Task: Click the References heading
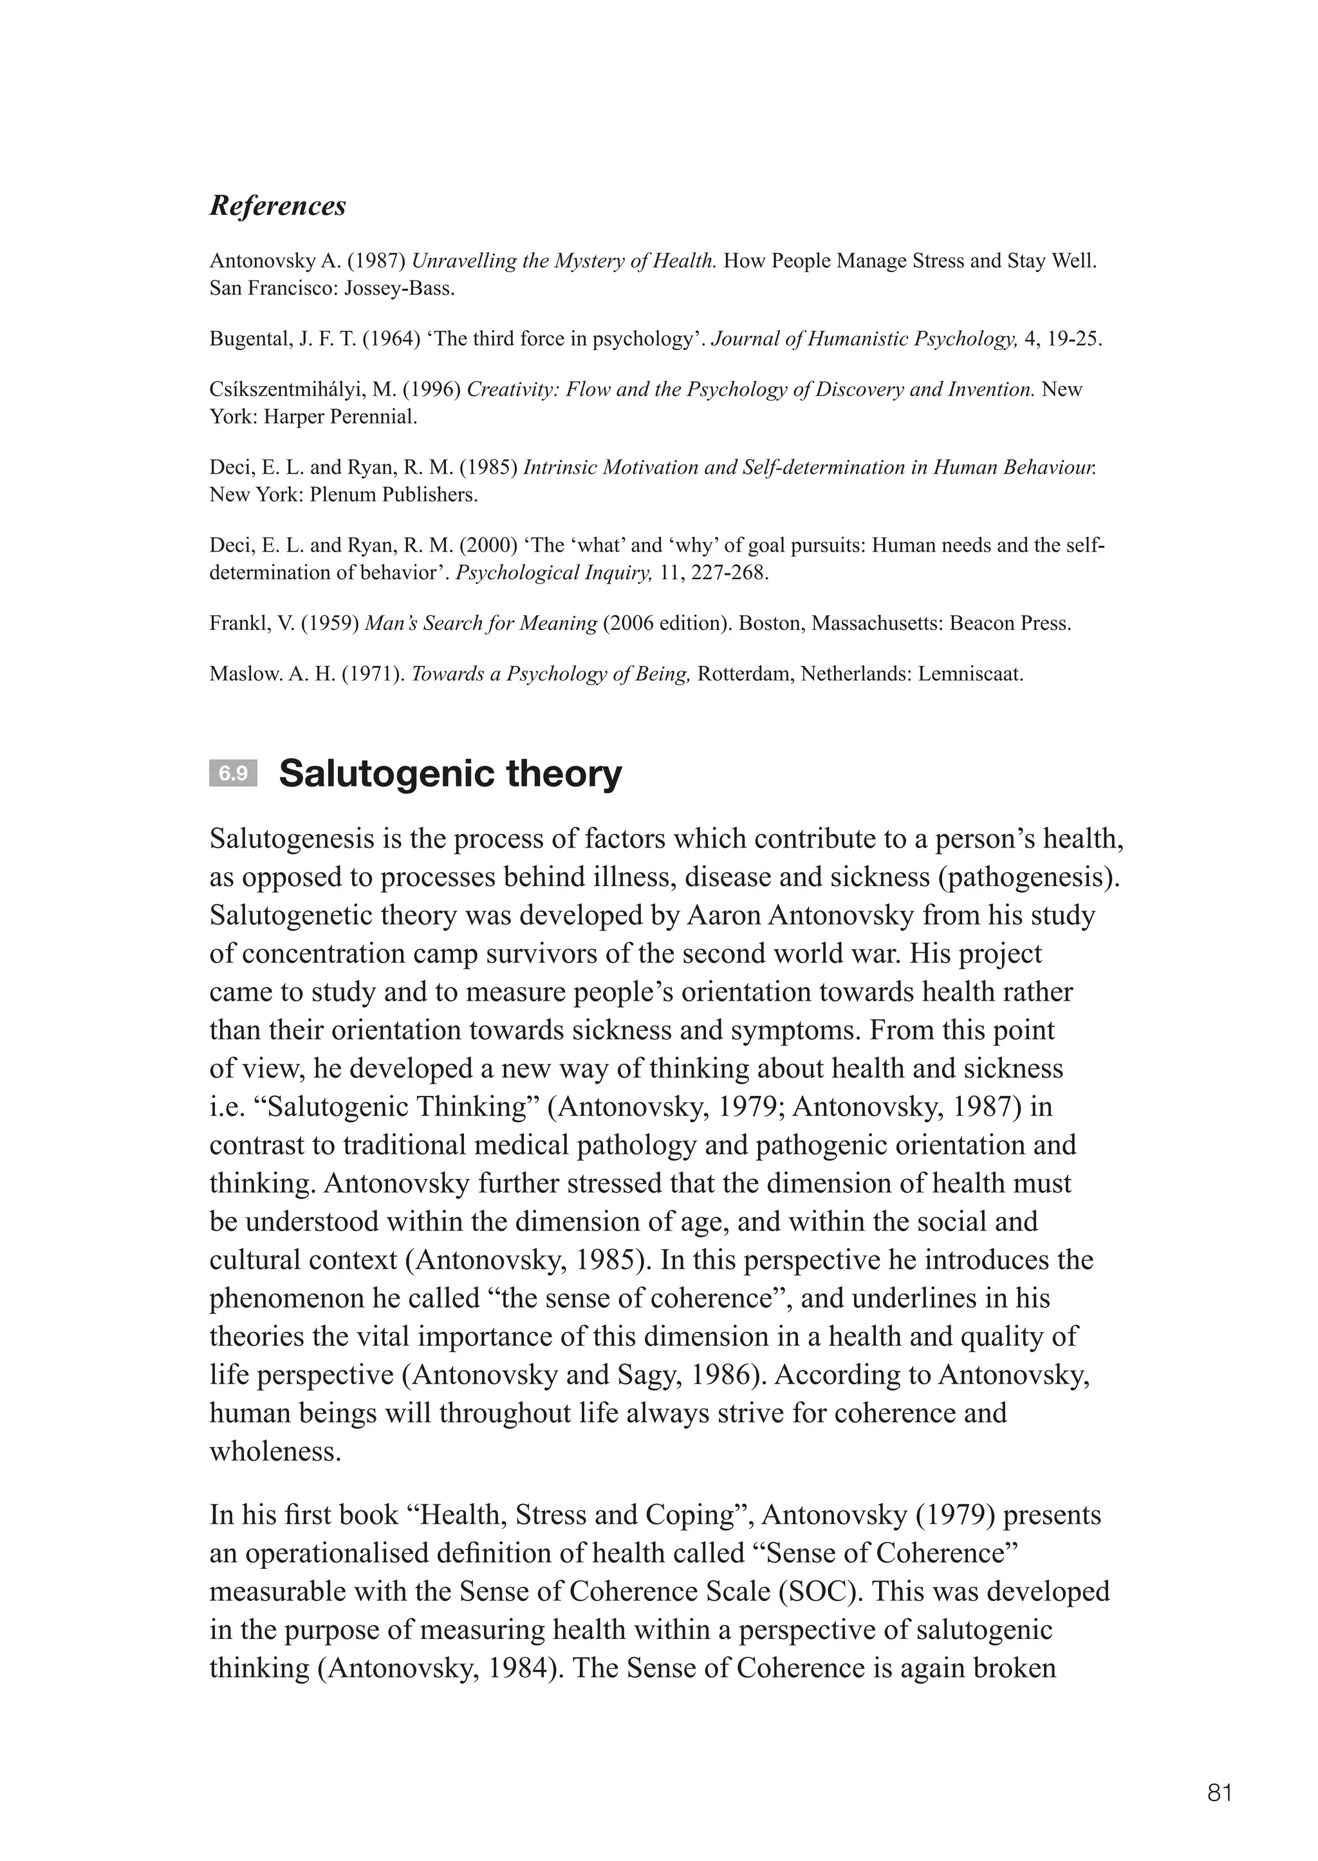point(277,205)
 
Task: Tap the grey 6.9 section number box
point(233,773)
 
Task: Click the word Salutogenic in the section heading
point(385,773)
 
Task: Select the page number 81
point(1220,1792)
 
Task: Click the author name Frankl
point(233,624)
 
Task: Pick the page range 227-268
point(728,573)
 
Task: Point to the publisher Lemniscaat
point(970,674)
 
